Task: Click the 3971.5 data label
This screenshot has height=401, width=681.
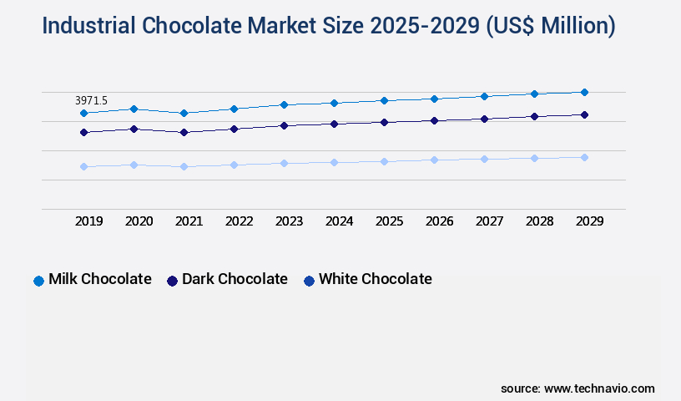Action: tap(93, 100)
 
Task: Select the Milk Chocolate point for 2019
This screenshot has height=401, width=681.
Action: tap(83, 113)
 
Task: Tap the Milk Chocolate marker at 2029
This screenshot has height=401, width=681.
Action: tap(584, 92)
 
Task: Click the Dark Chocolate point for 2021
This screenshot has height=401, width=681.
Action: tap(184, 132)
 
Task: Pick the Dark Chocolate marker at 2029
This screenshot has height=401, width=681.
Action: tap(584, 114)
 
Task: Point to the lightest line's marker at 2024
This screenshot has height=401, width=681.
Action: tap(334, 162)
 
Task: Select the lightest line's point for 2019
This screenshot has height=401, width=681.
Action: tap(83, 166)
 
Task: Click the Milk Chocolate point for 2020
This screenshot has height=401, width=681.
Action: tap(134, 109)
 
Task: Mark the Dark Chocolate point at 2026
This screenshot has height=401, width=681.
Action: tap(434, 120)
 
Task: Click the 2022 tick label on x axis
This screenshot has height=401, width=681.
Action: tap(239, 221)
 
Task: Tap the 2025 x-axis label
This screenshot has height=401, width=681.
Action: tap(389, 221)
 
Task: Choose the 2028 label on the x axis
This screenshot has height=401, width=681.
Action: tap(539, 221)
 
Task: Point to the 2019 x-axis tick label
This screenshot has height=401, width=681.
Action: tap(88, 221)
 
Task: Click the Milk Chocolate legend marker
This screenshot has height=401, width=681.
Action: tap(38, 281)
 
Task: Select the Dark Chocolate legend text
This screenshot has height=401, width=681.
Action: tap(235, 279)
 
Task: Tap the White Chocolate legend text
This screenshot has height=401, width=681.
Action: tap(375, 279)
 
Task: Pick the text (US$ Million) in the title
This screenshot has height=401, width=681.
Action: tap(551, 26)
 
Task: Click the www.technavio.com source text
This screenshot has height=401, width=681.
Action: tap(599, 388)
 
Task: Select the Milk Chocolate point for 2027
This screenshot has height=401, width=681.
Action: tap(484, 96)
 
